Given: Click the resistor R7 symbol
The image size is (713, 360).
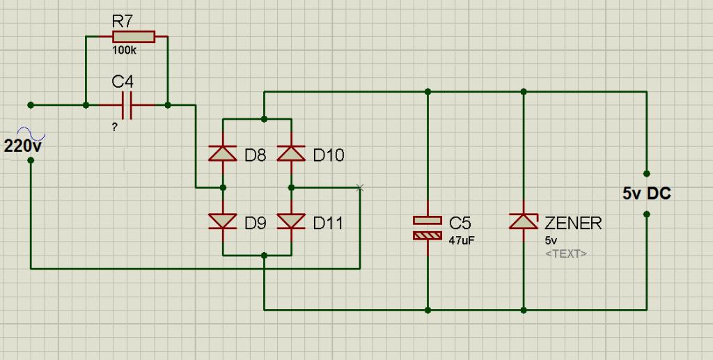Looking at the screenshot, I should pyautogui.click(x=133, y=37).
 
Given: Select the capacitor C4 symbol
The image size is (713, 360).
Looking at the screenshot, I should pyautogui.click(x=126, y=105).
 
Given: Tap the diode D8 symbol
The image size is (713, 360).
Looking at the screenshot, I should pyautogui.click(x=223, y=153).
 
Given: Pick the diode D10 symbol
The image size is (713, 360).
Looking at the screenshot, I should pyautogui.click(x=291, y=153).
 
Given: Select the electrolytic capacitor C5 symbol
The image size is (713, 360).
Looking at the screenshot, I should pyautogui.click(x=428, y=228).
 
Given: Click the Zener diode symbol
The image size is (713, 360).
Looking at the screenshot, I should pyautogui.click(x=524, y=221).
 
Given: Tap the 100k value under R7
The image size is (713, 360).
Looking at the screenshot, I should pyautogui.click(x=124, y=51).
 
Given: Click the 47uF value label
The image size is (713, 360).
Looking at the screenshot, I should pyautogui.click(x=461, y=240).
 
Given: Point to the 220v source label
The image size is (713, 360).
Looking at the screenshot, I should pyautogui.click(x=23, y=146).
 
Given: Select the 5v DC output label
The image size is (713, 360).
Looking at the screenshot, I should pyautogui.click(x=646, y=194).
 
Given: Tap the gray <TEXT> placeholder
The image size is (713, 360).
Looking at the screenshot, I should pyautogui.click(x=565, y=253).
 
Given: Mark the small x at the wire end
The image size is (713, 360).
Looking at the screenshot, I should pyautogui.click(x=359, y=187).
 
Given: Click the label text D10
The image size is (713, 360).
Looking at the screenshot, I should pyautogui.click(x=328, y=155).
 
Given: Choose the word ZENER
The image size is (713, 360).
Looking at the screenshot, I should pyautogui.click(x=572, y=224).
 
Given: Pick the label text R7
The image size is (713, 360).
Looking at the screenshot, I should pyautogui.click(x=122, y=22).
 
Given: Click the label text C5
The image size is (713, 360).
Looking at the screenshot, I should pyautogui.click(x=460, y=224).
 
